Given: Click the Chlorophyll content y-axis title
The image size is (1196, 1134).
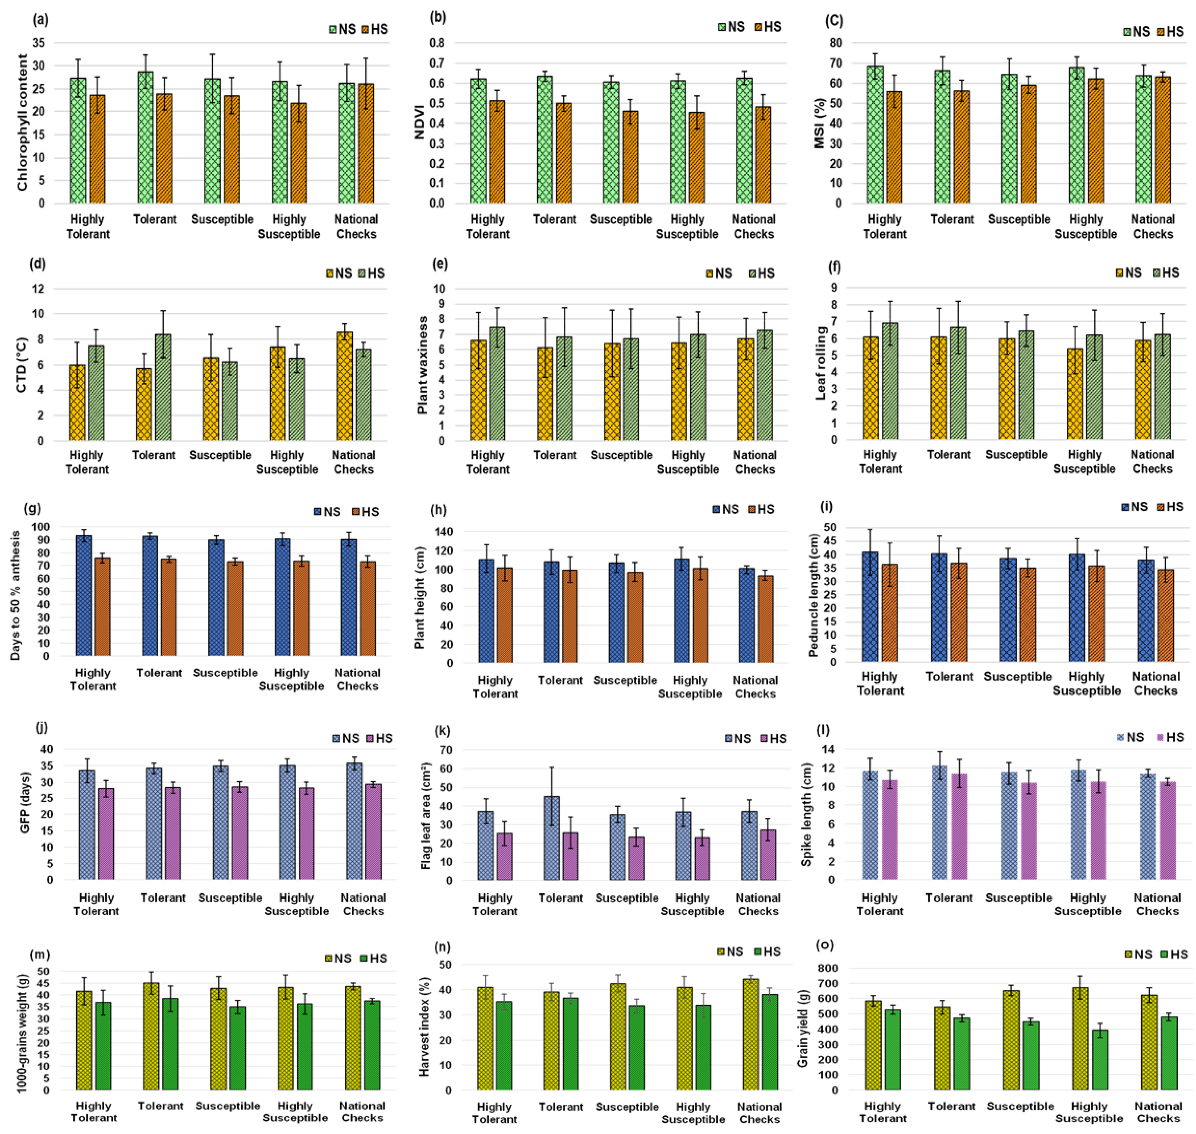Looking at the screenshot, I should (23, 123).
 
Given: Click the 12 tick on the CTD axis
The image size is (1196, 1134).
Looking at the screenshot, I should (38, 289).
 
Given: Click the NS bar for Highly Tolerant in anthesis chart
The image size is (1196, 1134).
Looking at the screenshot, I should (84, 595).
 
